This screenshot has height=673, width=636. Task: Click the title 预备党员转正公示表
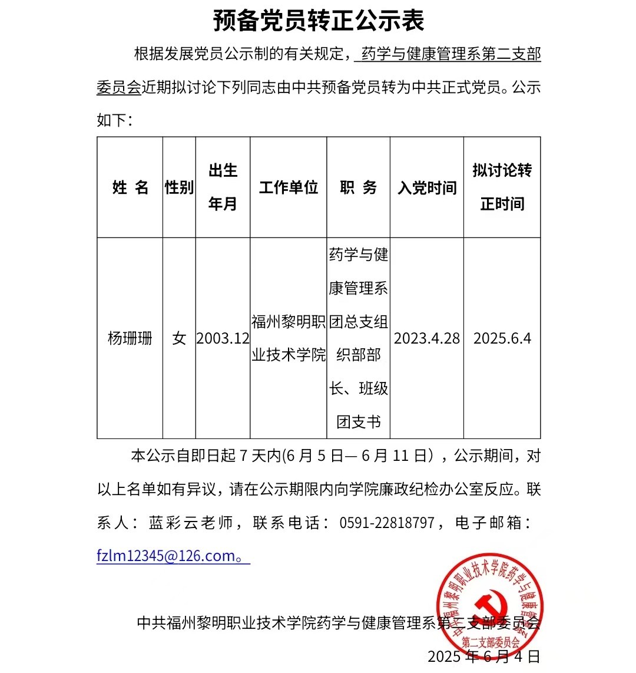[x=318, y=21]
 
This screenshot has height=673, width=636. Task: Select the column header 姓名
[x=130, y=187]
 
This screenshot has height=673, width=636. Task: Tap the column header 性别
[x=179, y=187]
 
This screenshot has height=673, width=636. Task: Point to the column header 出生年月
[x=223, y=187]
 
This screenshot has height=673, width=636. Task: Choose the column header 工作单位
[x=288, y=187]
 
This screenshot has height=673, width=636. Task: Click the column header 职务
[x=358, y=187]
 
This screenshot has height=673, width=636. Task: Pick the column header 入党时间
[x=427, y=188]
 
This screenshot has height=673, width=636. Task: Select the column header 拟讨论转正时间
[x=502, y=187]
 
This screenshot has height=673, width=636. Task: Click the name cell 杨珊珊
[x=130, y=338]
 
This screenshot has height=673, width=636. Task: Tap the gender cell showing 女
[x=179, y=338]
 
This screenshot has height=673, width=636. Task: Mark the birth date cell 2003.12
[x=223, y=338]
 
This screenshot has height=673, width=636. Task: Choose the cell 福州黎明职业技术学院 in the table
[x=288, y=338]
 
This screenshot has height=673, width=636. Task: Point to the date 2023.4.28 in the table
[x=427, y=338]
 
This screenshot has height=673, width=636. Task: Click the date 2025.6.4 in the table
[x=502, y=338]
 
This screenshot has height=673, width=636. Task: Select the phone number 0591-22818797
[x=387, y=523]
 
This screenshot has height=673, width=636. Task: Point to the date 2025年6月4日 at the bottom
[x=483, y=656]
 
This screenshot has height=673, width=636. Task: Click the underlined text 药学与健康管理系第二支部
[x=450, y=55]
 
